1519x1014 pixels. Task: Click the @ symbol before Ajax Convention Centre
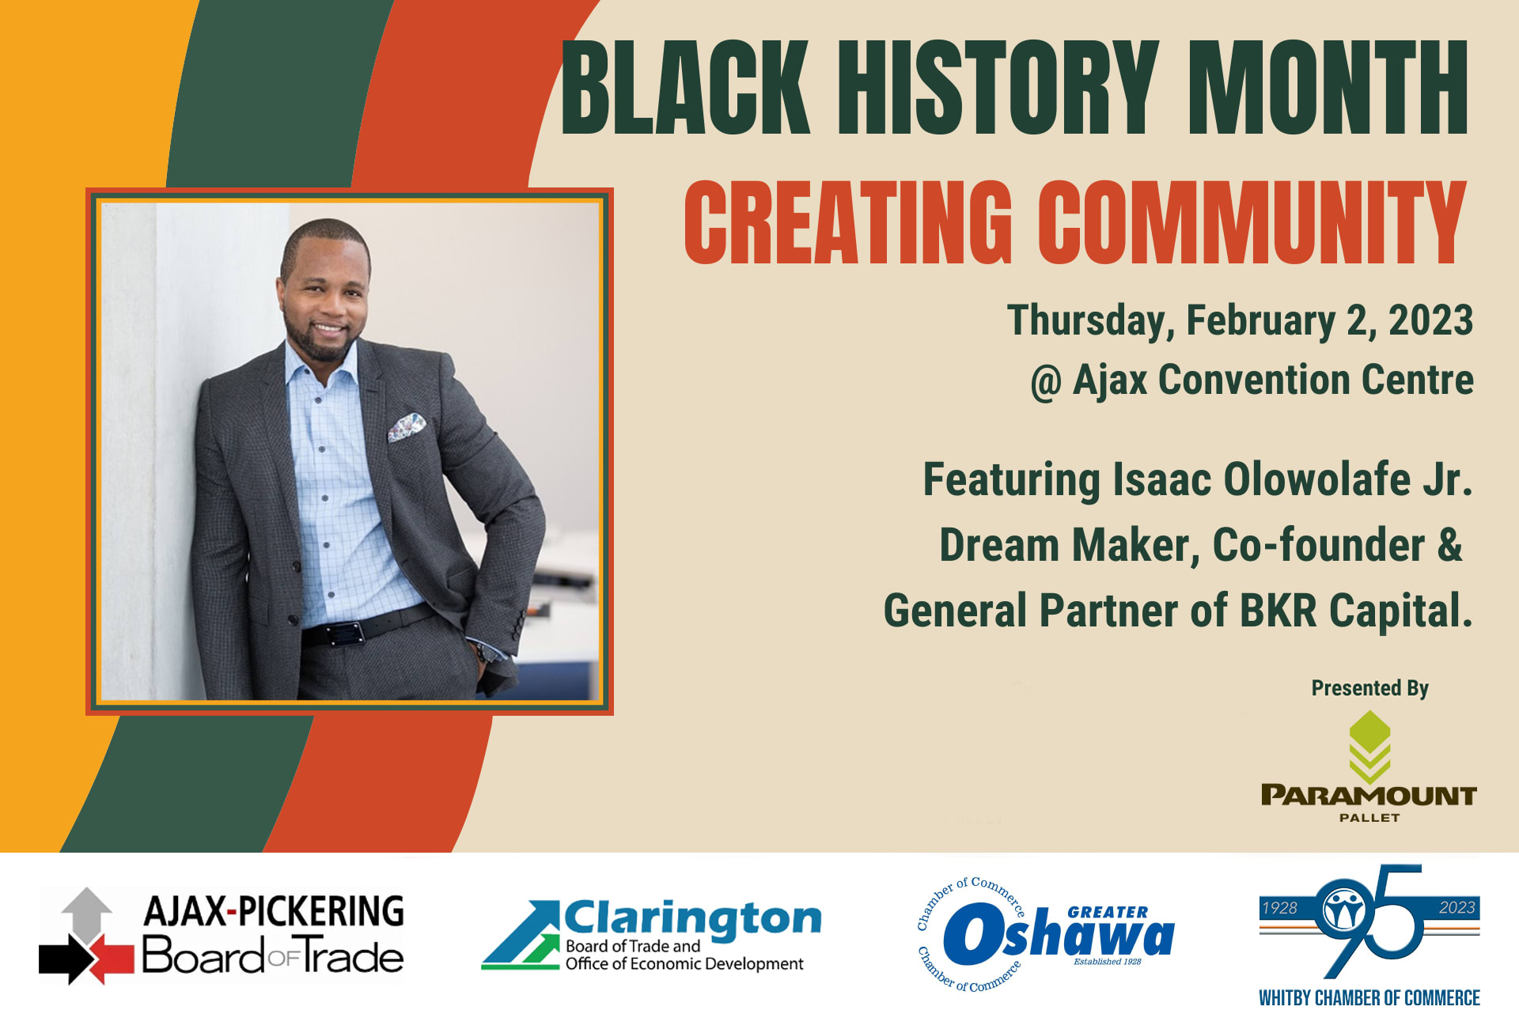click(x=1045, y=383)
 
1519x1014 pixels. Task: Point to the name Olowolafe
click(x=1316, y=479)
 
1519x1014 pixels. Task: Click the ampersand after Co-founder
click(x=1449, y=545)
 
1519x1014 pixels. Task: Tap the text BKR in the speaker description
click(x=1278, y=611)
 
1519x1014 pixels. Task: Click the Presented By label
click(x=1369, y=688)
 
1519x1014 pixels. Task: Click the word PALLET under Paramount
click(x=1369, y=818)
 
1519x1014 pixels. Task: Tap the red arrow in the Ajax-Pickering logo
click(x=111, y=958)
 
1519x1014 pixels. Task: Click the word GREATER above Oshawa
click(x=1108, y=913)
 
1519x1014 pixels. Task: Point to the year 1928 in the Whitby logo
click(x=1279, y=908)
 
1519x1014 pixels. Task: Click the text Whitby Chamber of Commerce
click(x=1369, y=998)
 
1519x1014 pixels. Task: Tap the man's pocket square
click(x=406, y=427)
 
